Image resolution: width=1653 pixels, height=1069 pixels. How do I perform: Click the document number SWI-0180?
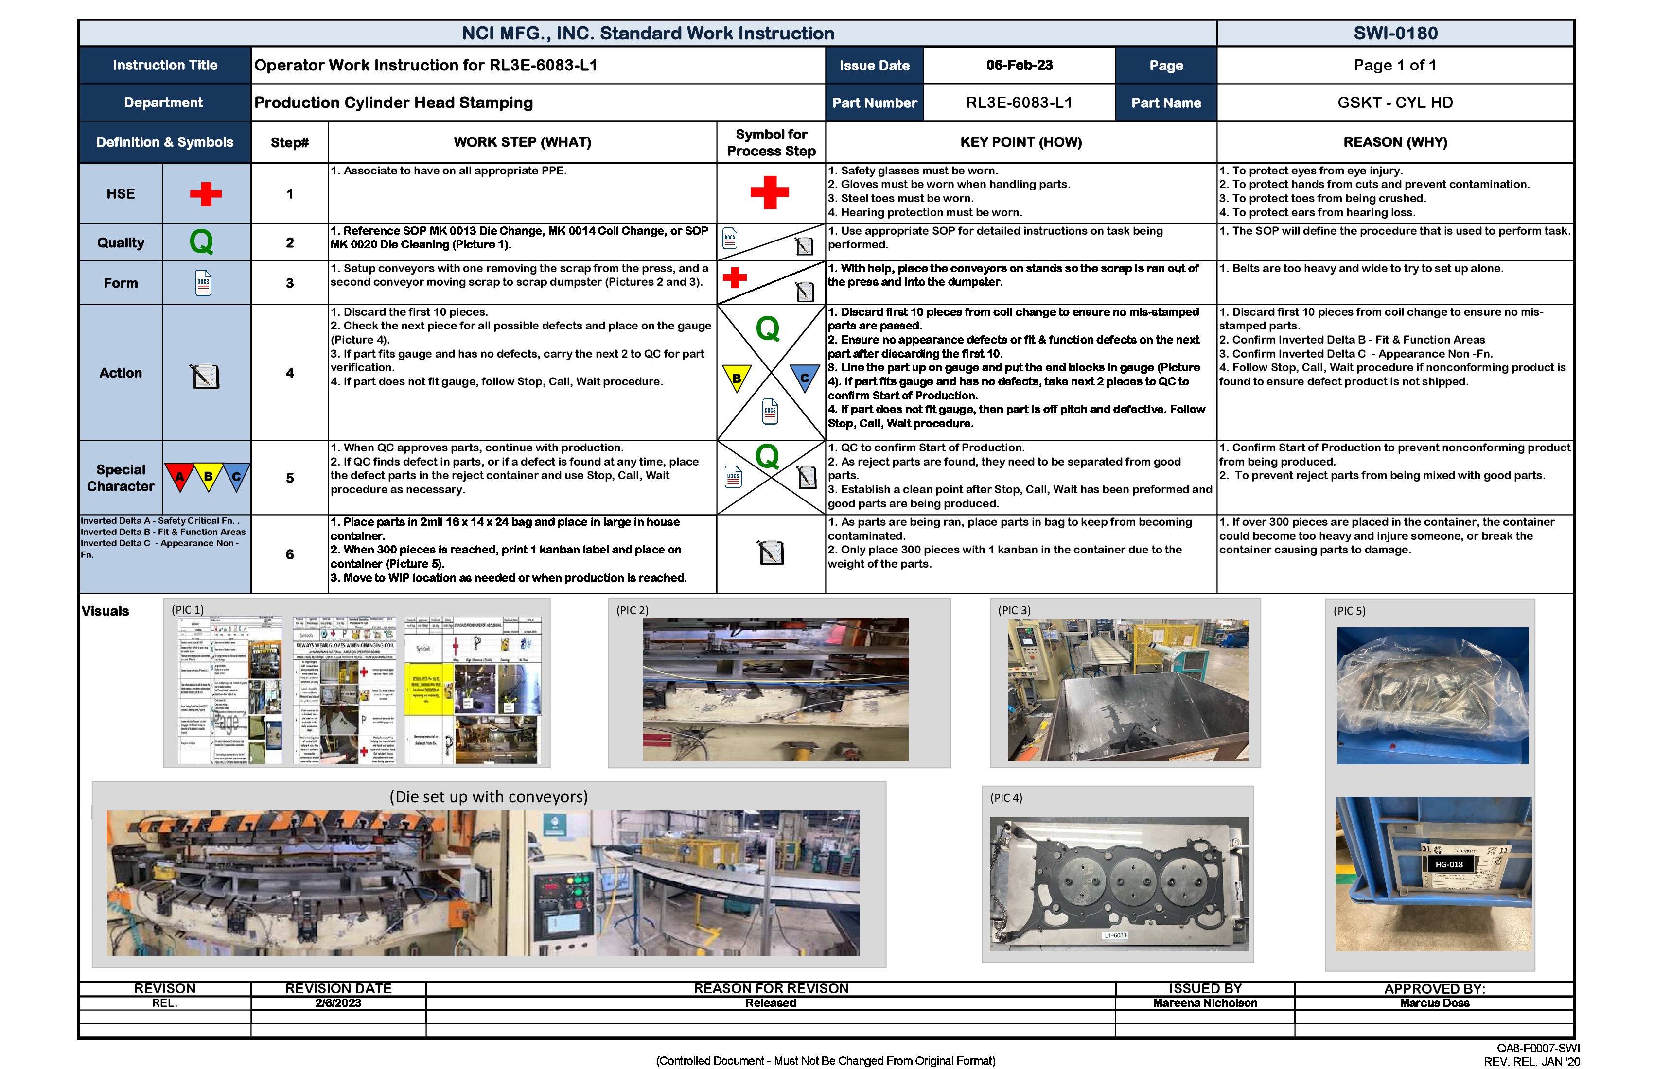1395,34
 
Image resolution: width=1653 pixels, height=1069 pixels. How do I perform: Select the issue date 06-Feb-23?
1019,65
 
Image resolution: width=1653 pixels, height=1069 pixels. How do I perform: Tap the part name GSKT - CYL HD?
1395,103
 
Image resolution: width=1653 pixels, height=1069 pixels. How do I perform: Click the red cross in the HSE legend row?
206,194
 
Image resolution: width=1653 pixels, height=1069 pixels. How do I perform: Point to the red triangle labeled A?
179,476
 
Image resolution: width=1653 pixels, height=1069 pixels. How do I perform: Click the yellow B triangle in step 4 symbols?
736,378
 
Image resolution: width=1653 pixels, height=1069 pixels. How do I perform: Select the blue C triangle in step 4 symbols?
804,378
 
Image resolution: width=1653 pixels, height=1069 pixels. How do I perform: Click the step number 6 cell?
290,554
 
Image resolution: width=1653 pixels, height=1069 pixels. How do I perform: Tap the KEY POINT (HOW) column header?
1020,142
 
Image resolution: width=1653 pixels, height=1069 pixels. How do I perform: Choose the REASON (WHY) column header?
1395,142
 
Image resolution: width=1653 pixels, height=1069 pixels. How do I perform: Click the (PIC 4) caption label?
1006,798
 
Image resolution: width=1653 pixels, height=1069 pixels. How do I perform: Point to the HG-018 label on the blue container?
1449,865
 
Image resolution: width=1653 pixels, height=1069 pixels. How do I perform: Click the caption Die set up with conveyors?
488,797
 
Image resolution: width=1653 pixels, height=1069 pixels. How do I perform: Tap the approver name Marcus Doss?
1434,1003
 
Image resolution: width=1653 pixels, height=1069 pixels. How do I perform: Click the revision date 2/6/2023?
338,1003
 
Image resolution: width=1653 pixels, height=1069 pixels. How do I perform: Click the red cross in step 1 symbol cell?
770,192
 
